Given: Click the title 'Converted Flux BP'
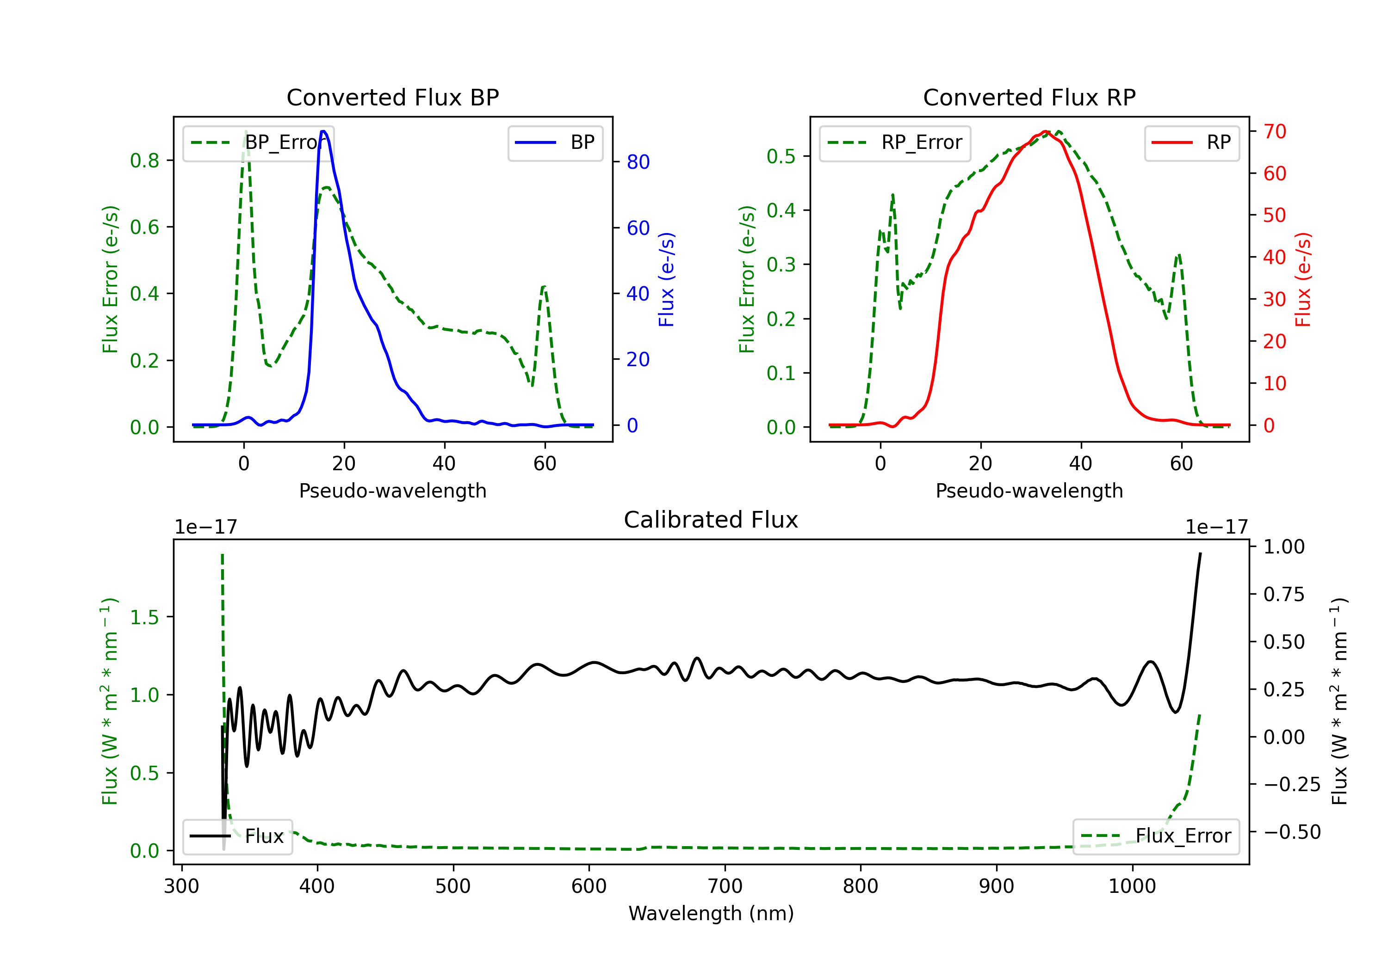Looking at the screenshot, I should pos(392,97).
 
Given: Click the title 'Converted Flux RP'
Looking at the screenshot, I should pos(1029,97).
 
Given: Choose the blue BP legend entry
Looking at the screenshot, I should pos(555,142).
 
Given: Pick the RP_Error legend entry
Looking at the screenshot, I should pos(895,142).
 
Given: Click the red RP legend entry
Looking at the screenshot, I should pos(1191,142).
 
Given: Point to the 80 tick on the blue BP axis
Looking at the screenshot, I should pos(638,162).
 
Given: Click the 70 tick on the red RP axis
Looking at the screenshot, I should pos(1274,131).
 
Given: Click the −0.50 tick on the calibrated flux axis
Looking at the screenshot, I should pos(1292,832).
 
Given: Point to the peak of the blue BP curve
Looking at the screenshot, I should pos(323,131).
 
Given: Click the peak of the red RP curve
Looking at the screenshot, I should pos(1045,131).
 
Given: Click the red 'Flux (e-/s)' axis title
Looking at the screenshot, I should pos(1303,279).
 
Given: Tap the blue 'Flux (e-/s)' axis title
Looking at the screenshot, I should pos(666,279).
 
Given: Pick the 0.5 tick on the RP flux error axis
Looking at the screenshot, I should pos(781,156).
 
